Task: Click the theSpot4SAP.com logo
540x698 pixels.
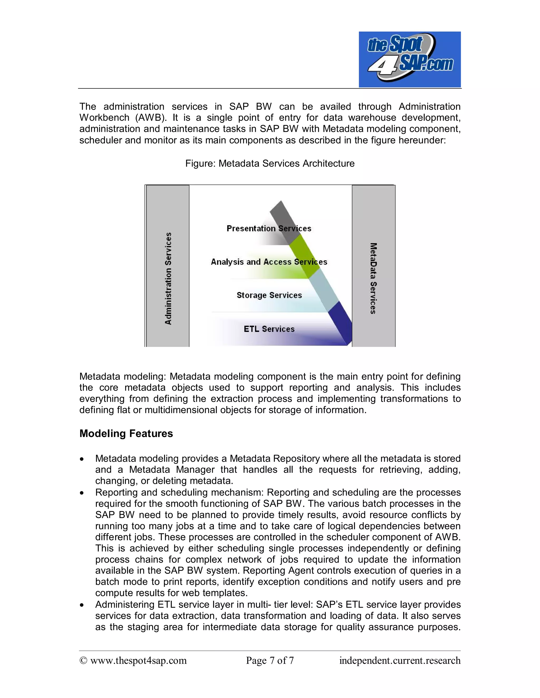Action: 409,60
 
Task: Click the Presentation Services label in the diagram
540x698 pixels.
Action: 269,229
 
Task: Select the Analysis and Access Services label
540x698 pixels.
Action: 269,262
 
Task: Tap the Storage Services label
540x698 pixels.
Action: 269,295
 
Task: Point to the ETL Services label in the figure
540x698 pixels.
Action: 269,329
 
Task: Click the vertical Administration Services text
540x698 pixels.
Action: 168,278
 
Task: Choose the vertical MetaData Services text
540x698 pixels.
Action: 373,278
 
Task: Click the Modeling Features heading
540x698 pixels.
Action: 126,434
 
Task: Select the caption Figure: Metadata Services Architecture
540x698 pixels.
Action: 270,164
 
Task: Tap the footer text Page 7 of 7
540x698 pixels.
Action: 270,661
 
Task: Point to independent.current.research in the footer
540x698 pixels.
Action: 400,661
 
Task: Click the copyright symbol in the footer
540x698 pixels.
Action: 83,661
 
